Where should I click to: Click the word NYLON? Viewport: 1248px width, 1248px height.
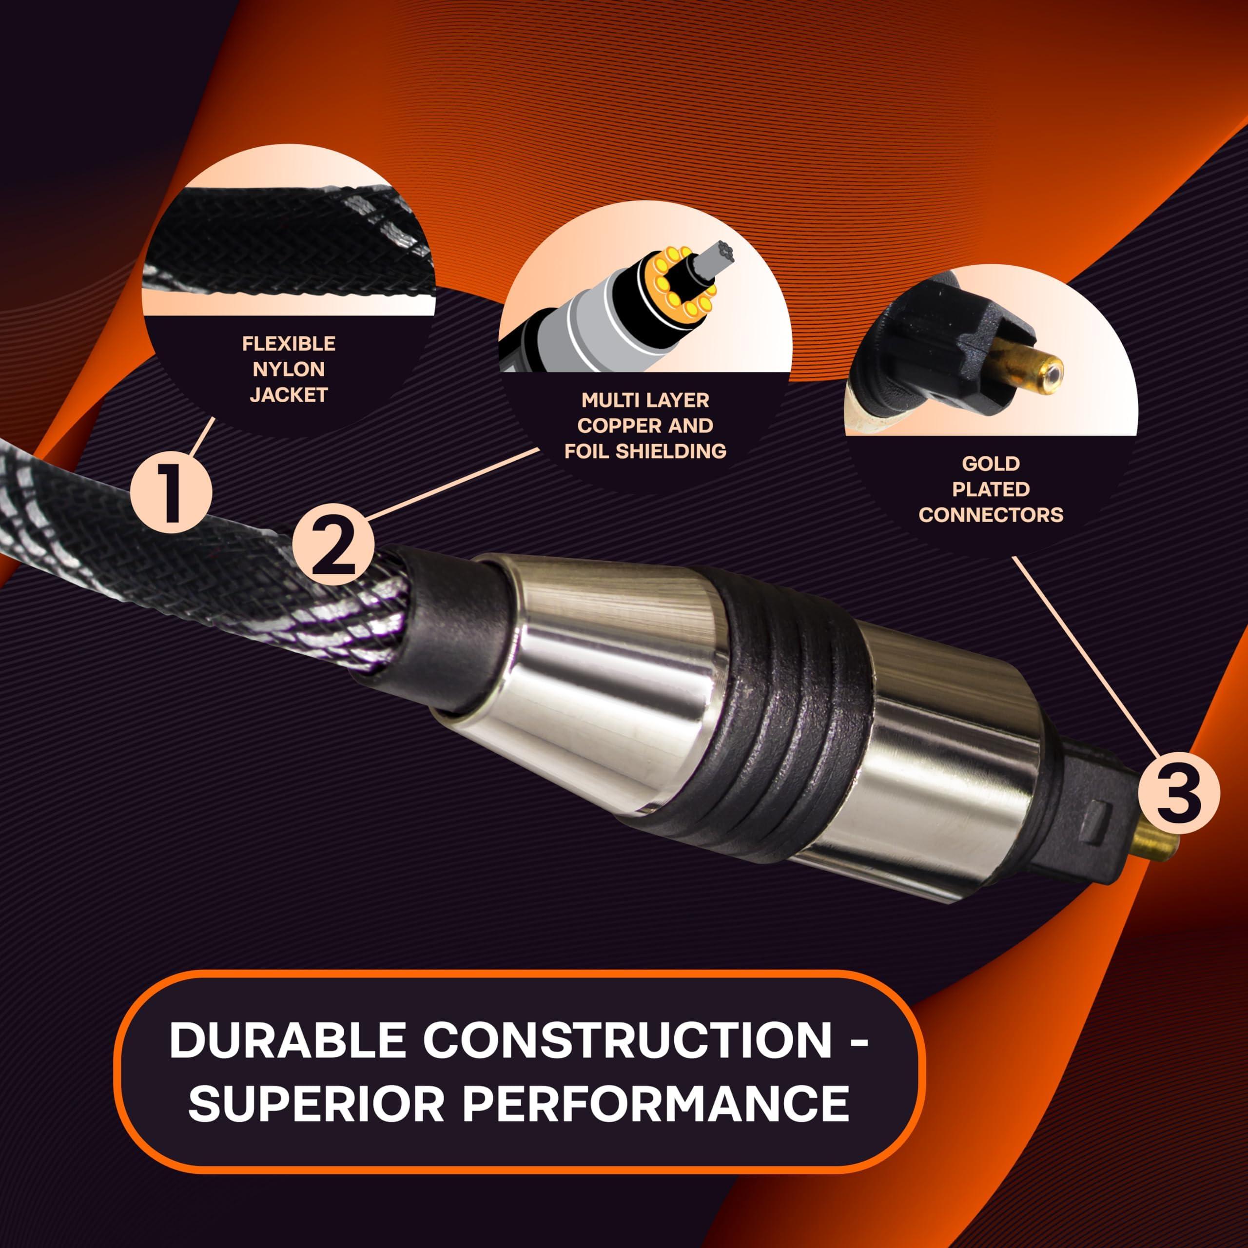click(288, 369)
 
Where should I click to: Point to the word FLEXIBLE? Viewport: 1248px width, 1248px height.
click(289, 344)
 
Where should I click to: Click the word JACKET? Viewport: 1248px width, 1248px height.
click(288, 395)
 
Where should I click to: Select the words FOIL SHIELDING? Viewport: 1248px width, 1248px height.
click(645, 451)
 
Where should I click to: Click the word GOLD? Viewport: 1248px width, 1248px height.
click(990, 463)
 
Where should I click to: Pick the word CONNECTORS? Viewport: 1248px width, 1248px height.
click(990, 514)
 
